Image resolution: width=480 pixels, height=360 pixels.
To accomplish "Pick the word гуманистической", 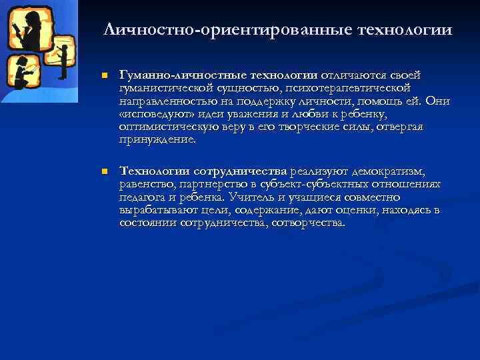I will click(x=166, y=89).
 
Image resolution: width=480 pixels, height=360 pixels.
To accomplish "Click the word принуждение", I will click(x=157, y=139).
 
